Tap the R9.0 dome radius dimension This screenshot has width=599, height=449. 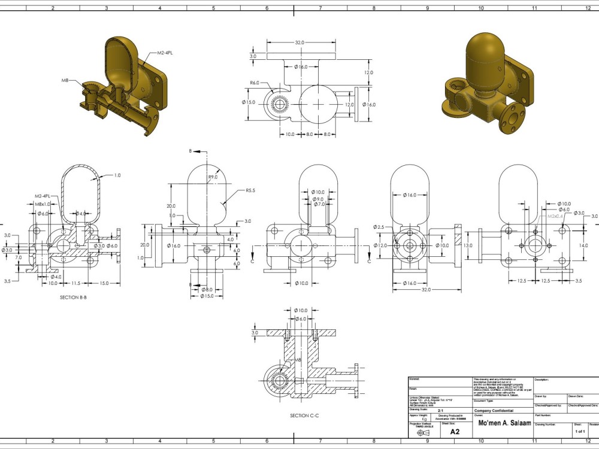pos(213,177)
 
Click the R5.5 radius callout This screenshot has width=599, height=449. pos(251,190)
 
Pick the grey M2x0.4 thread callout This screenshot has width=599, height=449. pos(556,216)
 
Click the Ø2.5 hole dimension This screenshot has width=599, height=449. pos(379,227)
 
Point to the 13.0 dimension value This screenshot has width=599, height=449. pos(468,245)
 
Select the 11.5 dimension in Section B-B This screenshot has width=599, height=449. pos(75,283)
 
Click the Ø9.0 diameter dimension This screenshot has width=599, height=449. pos(317,199)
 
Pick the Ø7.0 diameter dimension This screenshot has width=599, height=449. pos(317,205)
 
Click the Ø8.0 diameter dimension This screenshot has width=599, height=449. pos(207,290)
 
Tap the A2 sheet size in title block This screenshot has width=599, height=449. pos(455,431)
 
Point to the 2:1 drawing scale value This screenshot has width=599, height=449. pos(441,411)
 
